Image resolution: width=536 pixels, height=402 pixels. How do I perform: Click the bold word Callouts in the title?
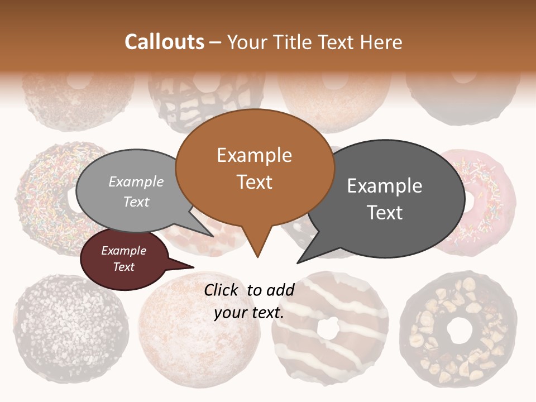tap(164, 42)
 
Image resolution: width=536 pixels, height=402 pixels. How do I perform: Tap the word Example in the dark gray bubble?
tap(385, 186)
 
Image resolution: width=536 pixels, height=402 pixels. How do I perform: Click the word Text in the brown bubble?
tap(255, 182)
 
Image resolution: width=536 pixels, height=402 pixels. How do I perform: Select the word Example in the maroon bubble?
tap(123, 251)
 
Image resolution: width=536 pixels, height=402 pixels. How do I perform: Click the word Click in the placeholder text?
tap(223, 290)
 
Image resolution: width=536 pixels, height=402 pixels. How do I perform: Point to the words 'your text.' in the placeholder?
tap(249, 313)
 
